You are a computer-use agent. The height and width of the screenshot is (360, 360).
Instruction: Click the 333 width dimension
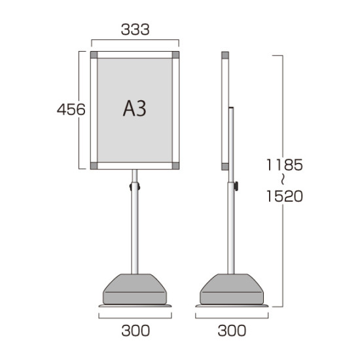tap(135, 29)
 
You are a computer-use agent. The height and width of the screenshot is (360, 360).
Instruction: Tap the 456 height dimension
tap(71, 109)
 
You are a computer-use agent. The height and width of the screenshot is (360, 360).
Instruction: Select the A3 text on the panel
tap(135, 109)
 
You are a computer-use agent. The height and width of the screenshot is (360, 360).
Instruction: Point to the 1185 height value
tap(285, 164)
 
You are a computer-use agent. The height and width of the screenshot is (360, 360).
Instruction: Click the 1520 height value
tap(285, 196)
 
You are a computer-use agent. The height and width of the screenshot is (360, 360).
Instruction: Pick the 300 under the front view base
tap(135, 331)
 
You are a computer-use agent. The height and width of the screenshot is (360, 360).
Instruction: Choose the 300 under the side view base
tap(232, 331)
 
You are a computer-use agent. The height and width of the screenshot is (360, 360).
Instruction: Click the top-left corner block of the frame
tap(94, 55)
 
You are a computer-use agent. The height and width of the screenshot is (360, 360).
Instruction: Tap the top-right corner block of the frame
tap(175, 55)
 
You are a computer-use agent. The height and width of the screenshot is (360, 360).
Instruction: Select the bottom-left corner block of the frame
tap(94, 166)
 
